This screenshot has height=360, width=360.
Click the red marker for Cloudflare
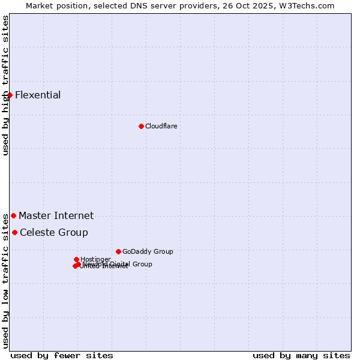point(141,126)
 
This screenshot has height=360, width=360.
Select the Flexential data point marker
point(10,95)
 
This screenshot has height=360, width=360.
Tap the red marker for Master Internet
point(13,215)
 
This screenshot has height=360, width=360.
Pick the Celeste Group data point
point(14,232)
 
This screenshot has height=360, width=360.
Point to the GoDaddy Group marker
point(118,251)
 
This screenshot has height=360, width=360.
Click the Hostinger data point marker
point(76,259)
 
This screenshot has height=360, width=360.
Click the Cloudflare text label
point(161,126)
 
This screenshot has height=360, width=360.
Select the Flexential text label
point(38,95)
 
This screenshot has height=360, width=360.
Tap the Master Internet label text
point(56,215)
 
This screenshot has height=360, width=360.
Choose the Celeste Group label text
point(53,232)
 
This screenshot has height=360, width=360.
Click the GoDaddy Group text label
point(148,251)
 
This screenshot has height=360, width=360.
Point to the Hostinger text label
point(95,259)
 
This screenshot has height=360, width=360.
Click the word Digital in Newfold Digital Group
point(121,264)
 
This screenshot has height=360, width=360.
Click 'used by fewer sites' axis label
point(62,356)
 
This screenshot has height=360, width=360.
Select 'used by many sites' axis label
point(301,356)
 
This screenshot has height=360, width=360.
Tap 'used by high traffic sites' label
point(5,85)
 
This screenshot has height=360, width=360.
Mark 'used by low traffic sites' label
point(5,281)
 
